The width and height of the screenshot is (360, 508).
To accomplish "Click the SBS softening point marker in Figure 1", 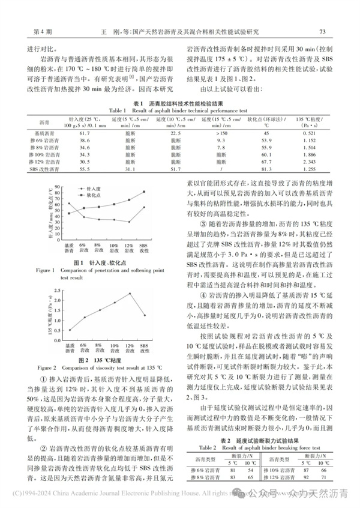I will tap(144, 192).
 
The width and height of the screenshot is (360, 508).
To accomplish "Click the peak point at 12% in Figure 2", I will tap(130, 294).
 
